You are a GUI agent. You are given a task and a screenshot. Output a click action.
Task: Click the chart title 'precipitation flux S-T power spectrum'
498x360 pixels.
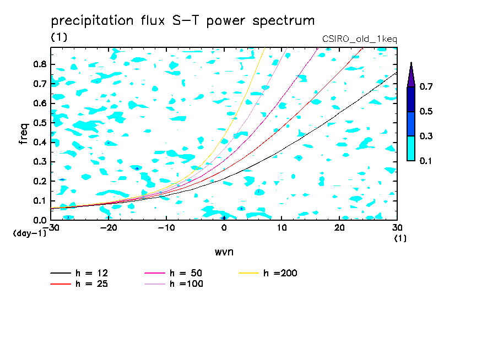pyautogui.click(x=183, y=21)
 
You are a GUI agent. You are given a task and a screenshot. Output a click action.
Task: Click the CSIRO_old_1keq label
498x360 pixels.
pyautogui.click(x=360, y=39)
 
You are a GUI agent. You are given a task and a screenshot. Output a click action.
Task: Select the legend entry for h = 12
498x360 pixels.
pyautogui.click(x=79, y=273)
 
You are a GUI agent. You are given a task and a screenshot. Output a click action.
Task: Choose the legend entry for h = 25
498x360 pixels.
pyautogui.click(x=79, y=283)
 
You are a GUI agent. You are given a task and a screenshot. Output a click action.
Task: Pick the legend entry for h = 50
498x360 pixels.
pyautogui.click(x=174, y=273)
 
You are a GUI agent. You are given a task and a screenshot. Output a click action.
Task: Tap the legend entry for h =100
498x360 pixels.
pyautogui.click(x=174, y=283)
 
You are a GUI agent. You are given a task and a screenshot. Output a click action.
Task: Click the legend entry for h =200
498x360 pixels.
pyautogui.click(x=268, y=273)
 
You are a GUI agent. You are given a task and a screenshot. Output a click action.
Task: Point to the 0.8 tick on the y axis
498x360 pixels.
pyautogui.click(x=40, y=64)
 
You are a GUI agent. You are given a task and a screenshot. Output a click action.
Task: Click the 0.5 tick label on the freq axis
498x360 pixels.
pyautogui.click(x=40, y=123)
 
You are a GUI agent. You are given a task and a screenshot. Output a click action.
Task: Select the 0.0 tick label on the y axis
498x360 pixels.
pyautogui.click(x=40, y=220)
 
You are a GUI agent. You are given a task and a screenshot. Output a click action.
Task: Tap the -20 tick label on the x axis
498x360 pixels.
pyautogui.click(x=109, y=228)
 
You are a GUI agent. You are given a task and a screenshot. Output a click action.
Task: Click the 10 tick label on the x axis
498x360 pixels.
pyautogui.click(x=282, y=228)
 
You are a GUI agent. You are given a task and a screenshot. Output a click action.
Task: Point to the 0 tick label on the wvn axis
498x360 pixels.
pyautogui.click(x=224, y=228)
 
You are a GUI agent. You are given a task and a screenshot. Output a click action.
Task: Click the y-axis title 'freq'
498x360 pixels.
pyautogui.click(x=24, y=134)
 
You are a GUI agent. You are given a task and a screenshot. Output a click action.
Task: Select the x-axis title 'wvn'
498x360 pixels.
pyautogui.click(x=224, y=252)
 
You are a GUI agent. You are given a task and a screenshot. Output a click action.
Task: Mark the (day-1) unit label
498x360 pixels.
pyautogui.click(x=30, y=233)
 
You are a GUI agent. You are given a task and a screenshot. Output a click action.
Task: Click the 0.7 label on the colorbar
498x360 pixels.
pyautogui.click(x=426, y=86)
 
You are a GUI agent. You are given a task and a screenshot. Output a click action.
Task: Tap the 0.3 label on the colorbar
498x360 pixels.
pyautogui.click(x=426, y=136)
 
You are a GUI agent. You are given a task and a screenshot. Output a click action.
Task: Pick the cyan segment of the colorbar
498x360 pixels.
pyautogui.click(x=411, y=148)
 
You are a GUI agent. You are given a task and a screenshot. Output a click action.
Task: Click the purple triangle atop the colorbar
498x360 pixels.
pyautogui.click(x=411, y=76)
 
